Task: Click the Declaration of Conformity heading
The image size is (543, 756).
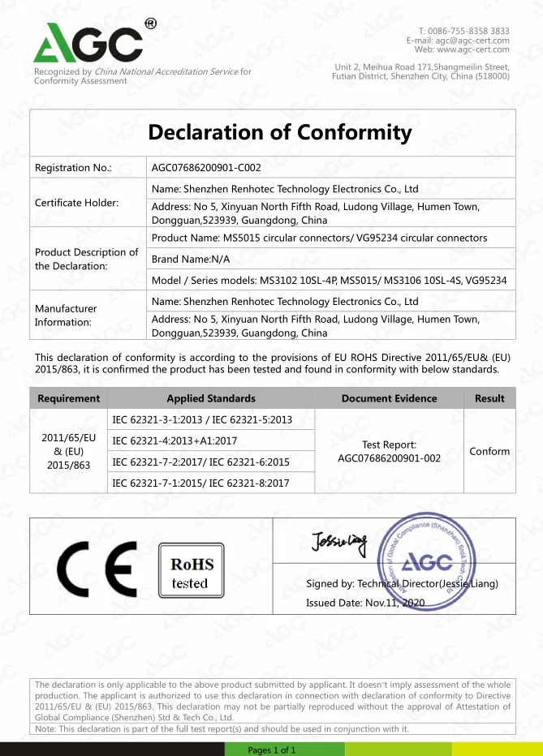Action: point(280,133)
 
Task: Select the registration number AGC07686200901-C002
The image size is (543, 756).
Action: point(206,168)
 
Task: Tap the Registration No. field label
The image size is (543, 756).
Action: point(73,168)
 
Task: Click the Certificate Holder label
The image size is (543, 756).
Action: point(76,203)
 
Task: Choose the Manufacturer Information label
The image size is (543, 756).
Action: point(66,315)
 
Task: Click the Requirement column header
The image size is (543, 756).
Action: point(68,398)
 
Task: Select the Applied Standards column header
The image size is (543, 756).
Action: point(211,398)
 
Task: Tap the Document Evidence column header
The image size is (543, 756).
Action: point(389,398)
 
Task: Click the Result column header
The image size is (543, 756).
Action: point(489,398)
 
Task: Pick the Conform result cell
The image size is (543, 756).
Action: point(489,451)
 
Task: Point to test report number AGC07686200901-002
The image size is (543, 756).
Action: point(389,457)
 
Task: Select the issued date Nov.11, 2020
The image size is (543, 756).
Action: point(366,603)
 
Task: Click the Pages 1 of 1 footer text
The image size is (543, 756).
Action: point(272,750)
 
